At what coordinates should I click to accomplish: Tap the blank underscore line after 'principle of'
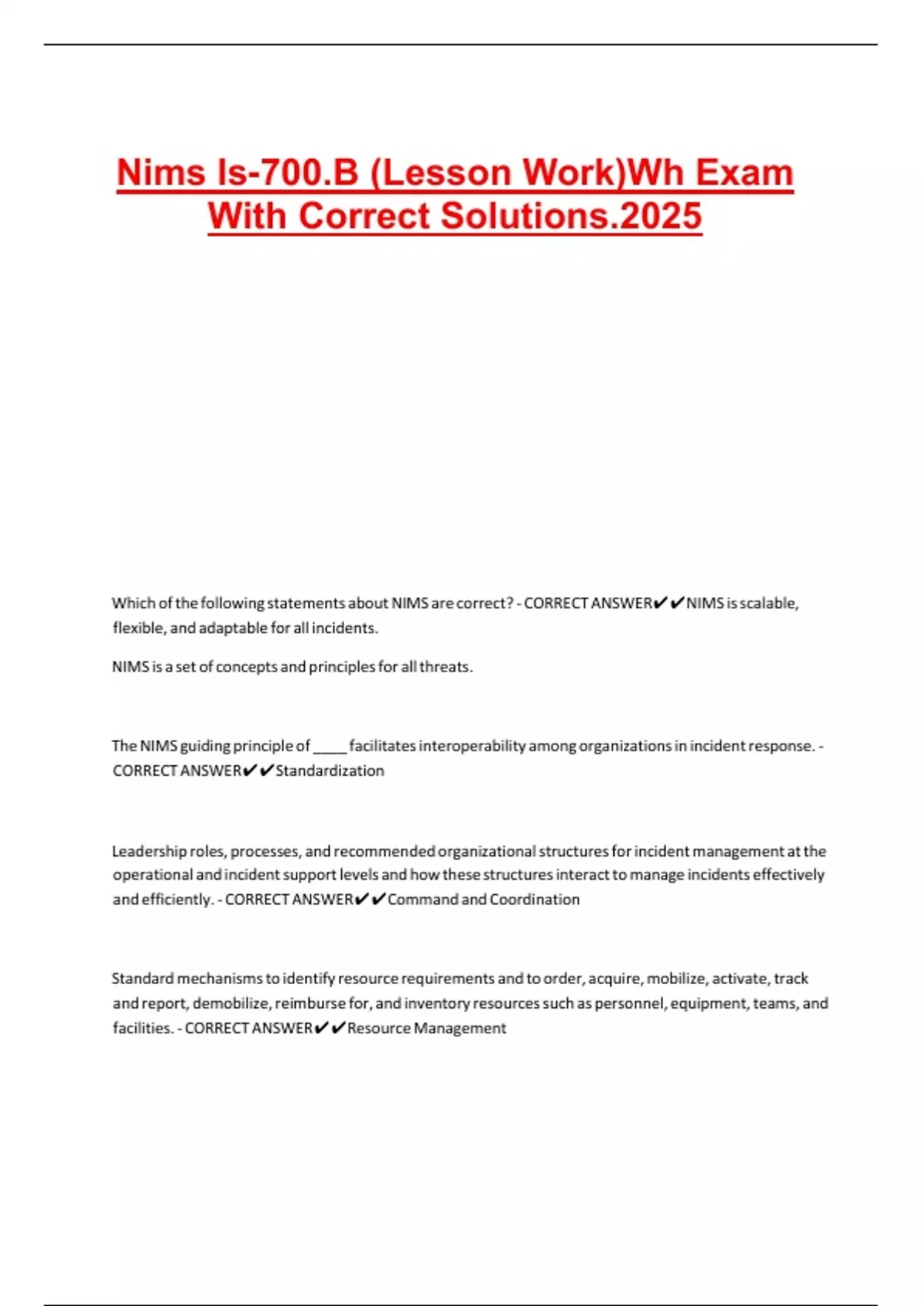coord(330,746)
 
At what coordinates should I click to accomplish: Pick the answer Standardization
coord(330,771)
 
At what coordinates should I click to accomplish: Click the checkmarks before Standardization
coord(257,771)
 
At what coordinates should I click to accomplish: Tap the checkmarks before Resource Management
coord(330,1028)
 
